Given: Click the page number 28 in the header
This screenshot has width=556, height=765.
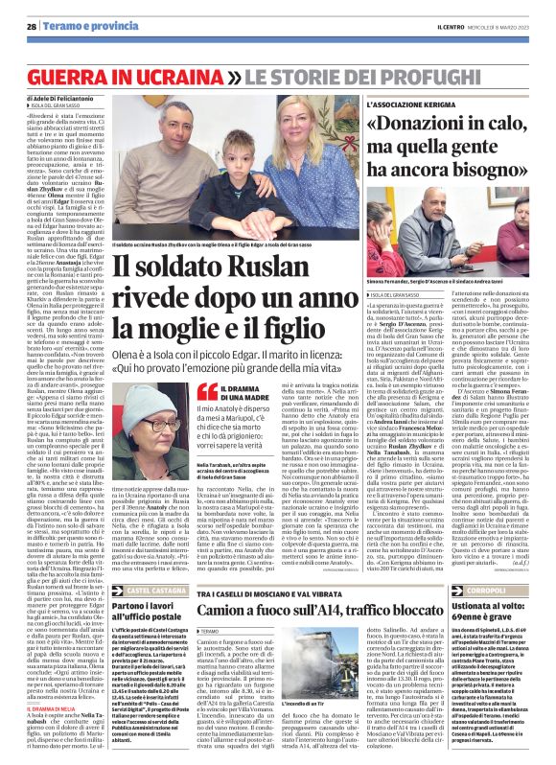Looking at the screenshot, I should tap(32, 27).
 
